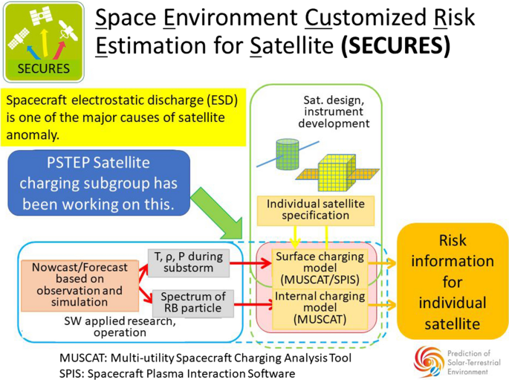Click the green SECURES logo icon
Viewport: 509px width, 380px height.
(x=40, y=43)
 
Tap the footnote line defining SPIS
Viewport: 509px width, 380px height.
(x=178, y=372)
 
